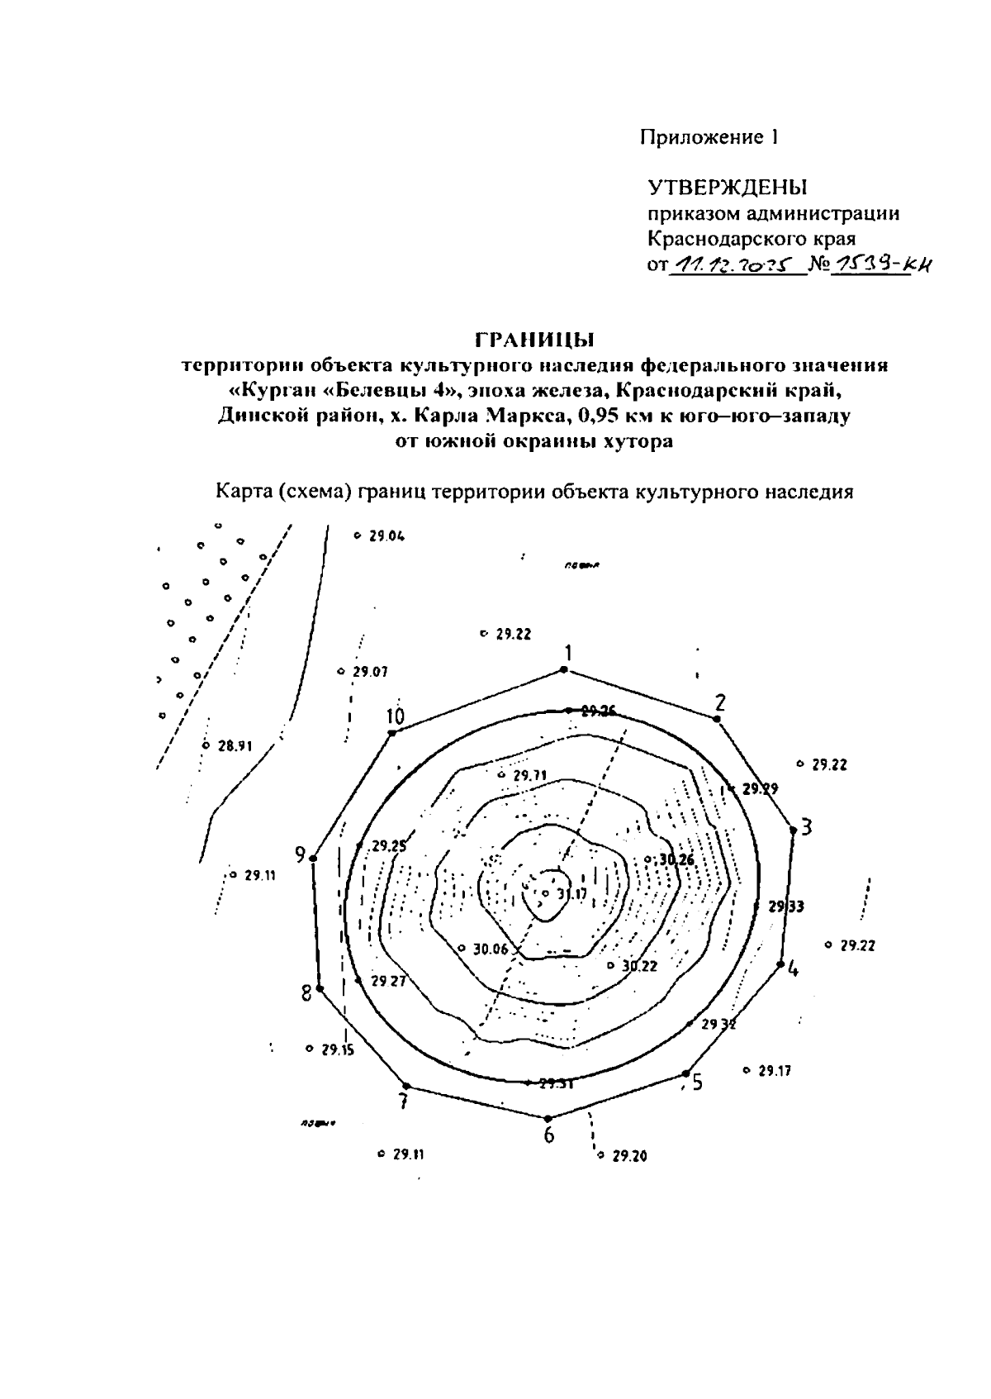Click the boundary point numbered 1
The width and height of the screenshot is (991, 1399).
point(565,669)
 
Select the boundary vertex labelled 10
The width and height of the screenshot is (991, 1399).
point(392,732)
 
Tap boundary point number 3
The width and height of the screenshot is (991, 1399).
point(793,829)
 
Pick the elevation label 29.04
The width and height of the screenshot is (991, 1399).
point(386,535)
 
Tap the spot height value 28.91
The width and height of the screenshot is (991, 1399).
point(234,745)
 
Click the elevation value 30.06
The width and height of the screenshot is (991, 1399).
point(491,949)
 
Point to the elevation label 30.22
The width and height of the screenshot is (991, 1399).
point(639,965)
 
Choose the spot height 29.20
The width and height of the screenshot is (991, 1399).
point(629,1155)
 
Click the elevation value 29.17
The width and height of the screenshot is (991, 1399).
point(774,1071)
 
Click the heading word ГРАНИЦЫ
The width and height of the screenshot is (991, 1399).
point(535,339)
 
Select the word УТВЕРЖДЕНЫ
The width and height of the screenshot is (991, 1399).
point(726,187)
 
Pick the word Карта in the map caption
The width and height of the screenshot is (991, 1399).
point(244,492)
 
